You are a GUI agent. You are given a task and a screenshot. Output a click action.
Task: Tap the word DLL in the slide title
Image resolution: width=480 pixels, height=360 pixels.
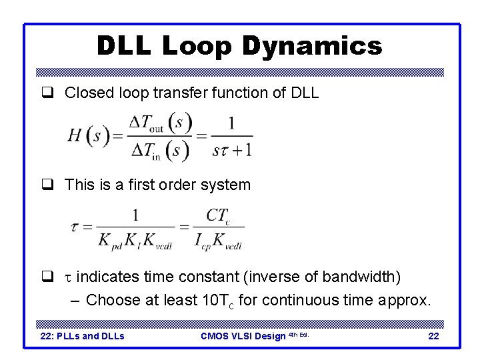point(125,46)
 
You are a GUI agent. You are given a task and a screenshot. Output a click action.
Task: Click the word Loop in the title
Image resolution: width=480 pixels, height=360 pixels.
point(199,46)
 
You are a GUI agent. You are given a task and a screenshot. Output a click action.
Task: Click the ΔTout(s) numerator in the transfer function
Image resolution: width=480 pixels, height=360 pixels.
point(160,123)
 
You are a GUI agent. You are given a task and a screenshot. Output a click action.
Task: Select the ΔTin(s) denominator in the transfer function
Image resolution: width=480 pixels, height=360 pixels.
point(159,151)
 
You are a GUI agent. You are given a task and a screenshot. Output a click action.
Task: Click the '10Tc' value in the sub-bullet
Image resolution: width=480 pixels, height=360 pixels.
point(215,301)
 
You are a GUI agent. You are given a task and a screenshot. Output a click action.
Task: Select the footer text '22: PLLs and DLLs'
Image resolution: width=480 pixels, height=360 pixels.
point(83,336)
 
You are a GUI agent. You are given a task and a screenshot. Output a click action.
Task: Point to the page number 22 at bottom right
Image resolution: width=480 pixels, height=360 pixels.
point(433,336)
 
